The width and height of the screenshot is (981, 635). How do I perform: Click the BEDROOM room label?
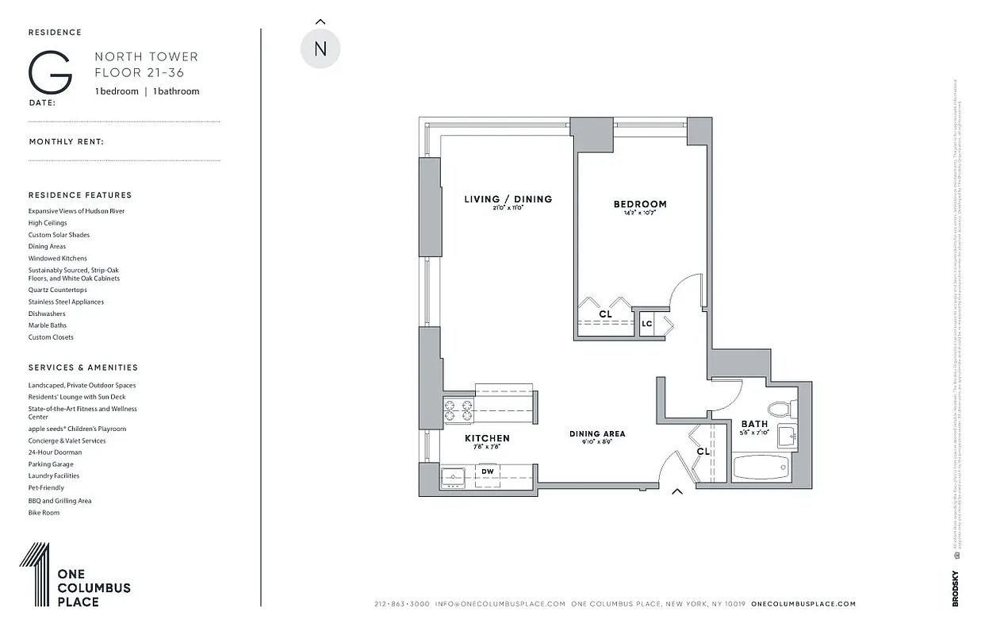pyautogui.click(x=639, y=204)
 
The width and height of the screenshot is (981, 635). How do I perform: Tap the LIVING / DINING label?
pyautogui.click(x=508, y=199)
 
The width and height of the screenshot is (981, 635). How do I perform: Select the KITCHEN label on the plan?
pyautogui.click(x=486, y=438)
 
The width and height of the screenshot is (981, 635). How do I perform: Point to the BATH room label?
pyautogui.click(x=754, y=424)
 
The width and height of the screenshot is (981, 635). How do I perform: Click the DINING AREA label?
pyautogui.click(x=596, y=434)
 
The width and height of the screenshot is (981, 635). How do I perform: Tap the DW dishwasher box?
pyautogui.click(x=488, y=471)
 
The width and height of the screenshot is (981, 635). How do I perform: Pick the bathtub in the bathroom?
pyautogui.click(x=759, y=467)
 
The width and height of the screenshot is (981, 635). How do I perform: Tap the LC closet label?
pyautogui.click(x=646, y=324)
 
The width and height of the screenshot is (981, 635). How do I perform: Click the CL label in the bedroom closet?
pyautogui.click(x=605, y=314)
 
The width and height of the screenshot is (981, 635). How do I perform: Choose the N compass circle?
pyautogui.click(x=320, y=48)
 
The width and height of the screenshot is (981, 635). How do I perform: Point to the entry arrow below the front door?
pyautogui.click(x=676, y=491)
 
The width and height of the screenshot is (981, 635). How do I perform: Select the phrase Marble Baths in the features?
pyautogui.click(x=48, y=325)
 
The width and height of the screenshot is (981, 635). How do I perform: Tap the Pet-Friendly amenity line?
pyautogui.click(x=46, y=488)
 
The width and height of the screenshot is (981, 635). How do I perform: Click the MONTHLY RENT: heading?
pyautogui.click(x=67, y=142)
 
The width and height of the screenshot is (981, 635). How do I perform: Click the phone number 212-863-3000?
pyautogui.click(x=401, y=604)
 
